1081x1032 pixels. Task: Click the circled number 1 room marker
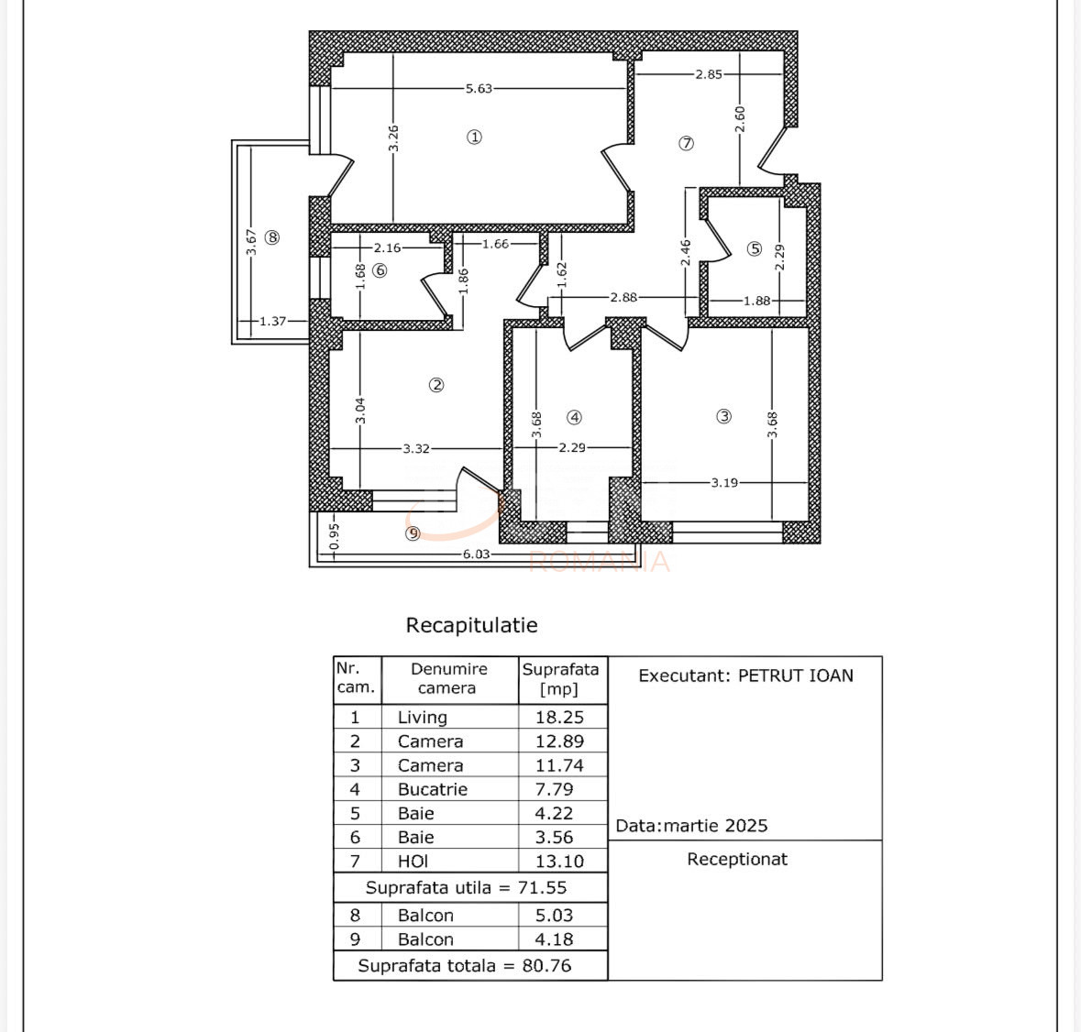(474, 137)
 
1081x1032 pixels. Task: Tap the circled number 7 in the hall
(686, 143)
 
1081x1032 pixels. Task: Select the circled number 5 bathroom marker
(755, 248)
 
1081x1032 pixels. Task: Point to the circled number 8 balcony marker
(272, 237)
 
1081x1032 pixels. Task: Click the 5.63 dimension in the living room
(479, 88)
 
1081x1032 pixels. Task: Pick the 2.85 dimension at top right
(709, 74)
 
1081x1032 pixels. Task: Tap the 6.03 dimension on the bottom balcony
(476, 554)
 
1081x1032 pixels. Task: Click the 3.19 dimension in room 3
(724, 483)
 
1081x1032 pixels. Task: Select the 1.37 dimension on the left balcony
(272, 321)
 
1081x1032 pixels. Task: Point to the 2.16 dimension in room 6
(388, 248)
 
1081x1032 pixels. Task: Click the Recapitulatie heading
(471, 626)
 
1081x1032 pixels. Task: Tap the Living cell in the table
(423, 717)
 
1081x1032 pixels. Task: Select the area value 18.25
(560, 717)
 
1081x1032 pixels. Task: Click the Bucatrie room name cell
(432, 789)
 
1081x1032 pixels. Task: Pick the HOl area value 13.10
(560, 862)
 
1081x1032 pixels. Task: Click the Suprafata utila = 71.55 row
(466, 887)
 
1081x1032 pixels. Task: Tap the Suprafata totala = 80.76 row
(465, 966)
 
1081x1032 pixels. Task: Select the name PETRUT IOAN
(796, 675)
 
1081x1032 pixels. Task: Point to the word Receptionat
(737, 860)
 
